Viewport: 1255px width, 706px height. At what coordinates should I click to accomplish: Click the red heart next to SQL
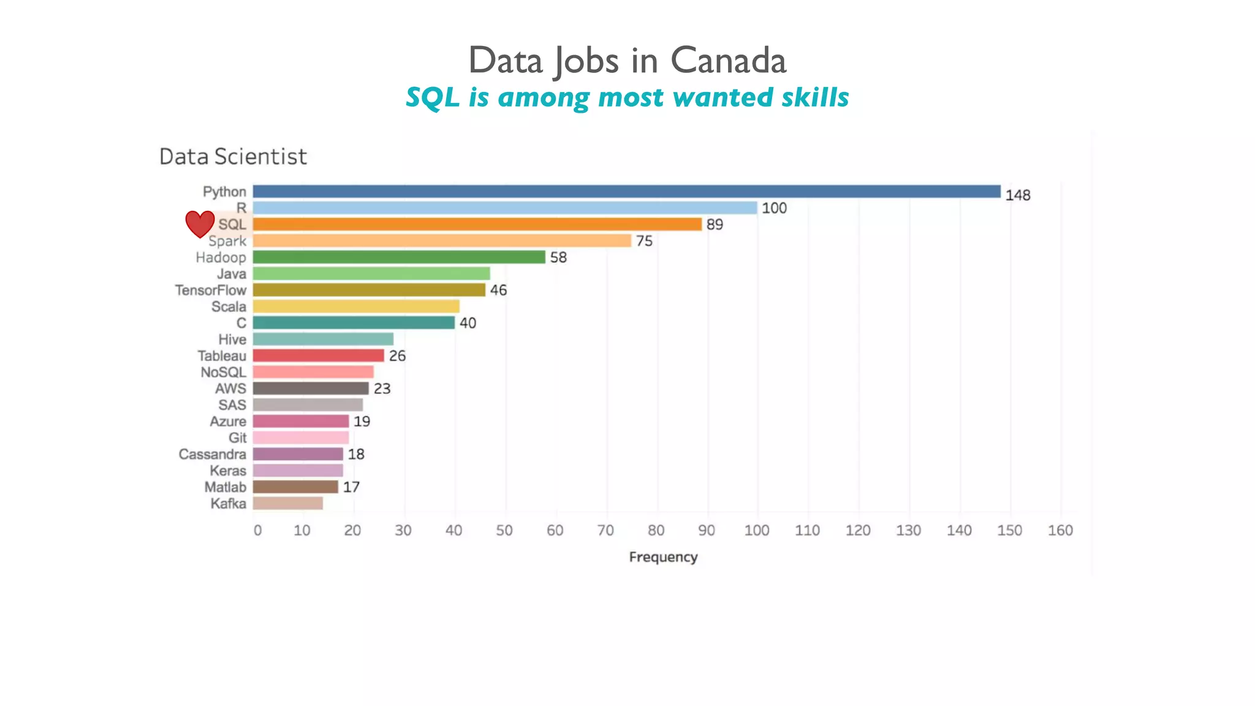(x=200, y=224)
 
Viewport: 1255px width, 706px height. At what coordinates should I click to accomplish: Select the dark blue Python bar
(x=626, y=192)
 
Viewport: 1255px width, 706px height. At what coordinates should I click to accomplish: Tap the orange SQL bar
(x=477, y=224)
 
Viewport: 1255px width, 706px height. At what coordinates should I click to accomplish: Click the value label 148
(x=1018, y=195)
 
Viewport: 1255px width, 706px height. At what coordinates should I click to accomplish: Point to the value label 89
(x=715, y=224)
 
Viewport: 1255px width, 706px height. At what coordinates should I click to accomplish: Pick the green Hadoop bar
(x=398, y=257)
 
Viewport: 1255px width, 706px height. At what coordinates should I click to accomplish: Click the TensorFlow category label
(x=211, y=290)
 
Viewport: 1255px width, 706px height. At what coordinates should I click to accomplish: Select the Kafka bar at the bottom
(x=287, y=503)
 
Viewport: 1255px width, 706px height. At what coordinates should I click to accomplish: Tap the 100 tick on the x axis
(x=757, y=531)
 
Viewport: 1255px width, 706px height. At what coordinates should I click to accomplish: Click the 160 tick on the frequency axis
(x=1060, y=531)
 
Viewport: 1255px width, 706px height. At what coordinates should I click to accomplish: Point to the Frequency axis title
(x=663, y=557)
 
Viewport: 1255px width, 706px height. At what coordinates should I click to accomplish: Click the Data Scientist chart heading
(x=233, y=157)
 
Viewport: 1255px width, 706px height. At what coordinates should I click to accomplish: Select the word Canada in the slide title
(x=728, y=61)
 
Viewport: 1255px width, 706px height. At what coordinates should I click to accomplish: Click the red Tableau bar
(x=318, y=355)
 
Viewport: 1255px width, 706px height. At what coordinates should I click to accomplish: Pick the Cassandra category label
(x=213, y=454)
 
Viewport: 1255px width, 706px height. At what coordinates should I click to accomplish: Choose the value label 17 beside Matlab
(x=351, y=487)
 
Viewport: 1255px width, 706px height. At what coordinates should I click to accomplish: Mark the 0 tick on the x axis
(x=257, y=531)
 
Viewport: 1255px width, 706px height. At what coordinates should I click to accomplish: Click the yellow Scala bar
(x=355, y=306)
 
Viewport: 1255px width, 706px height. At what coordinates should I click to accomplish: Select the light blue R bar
(x=504, y=208)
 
